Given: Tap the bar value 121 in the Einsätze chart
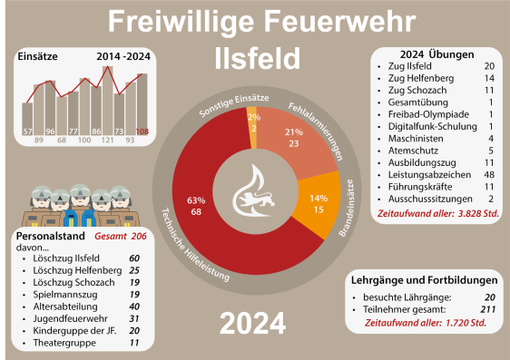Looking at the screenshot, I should (x=107, y=141).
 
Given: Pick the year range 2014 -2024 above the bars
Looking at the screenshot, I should (x=123, y=56).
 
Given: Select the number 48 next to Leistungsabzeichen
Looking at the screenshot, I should (x=489, y=174).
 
